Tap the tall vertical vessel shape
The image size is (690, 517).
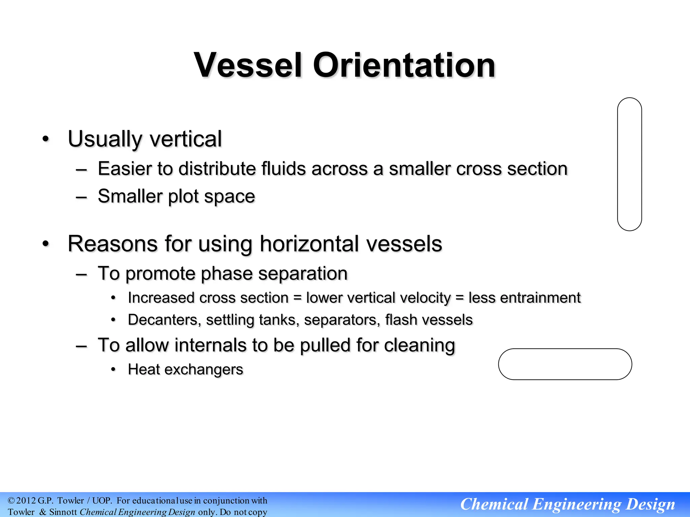coord(629,164)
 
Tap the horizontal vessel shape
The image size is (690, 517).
coord(565,364)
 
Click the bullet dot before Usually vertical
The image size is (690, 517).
coord(46,139)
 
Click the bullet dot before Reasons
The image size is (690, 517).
coord(46,244)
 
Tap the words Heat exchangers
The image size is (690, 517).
coord(185,370)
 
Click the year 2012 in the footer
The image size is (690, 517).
coord(26,501)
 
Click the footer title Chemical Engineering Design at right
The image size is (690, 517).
coord(567,504)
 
